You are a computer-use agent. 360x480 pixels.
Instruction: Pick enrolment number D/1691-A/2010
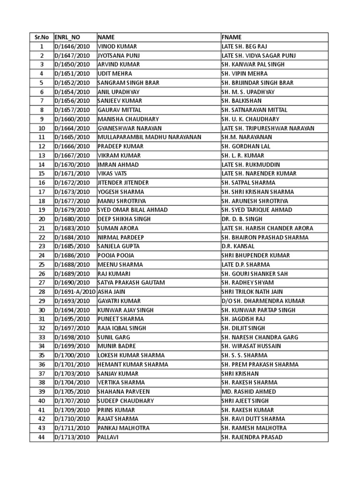point(75,292)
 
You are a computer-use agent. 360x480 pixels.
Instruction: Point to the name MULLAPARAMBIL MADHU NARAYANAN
point(149,137)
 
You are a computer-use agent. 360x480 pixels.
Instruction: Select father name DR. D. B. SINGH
point(242,219)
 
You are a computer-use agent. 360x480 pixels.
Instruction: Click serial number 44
point(41,437)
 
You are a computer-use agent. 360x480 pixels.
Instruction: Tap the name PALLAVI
point(108,437)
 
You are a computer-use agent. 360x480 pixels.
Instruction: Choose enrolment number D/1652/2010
point(72,82)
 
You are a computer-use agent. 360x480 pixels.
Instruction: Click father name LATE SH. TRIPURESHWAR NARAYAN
point(268,128)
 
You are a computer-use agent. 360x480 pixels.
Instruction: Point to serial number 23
point(41,247)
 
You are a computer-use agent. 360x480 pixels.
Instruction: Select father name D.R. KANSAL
point(238,247)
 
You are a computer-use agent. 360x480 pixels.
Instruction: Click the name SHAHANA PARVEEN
point(124,392)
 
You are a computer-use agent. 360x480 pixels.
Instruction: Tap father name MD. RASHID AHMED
point(249,392)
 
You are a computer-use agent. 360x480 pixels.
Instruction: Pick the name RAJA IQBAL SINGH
point(121,328)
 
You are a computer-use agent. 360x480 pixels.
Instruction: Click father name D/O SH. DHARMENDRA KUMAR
point(263,301)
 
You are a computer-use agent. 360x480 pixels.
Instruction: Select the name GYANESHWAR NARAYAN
point(129,128)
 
